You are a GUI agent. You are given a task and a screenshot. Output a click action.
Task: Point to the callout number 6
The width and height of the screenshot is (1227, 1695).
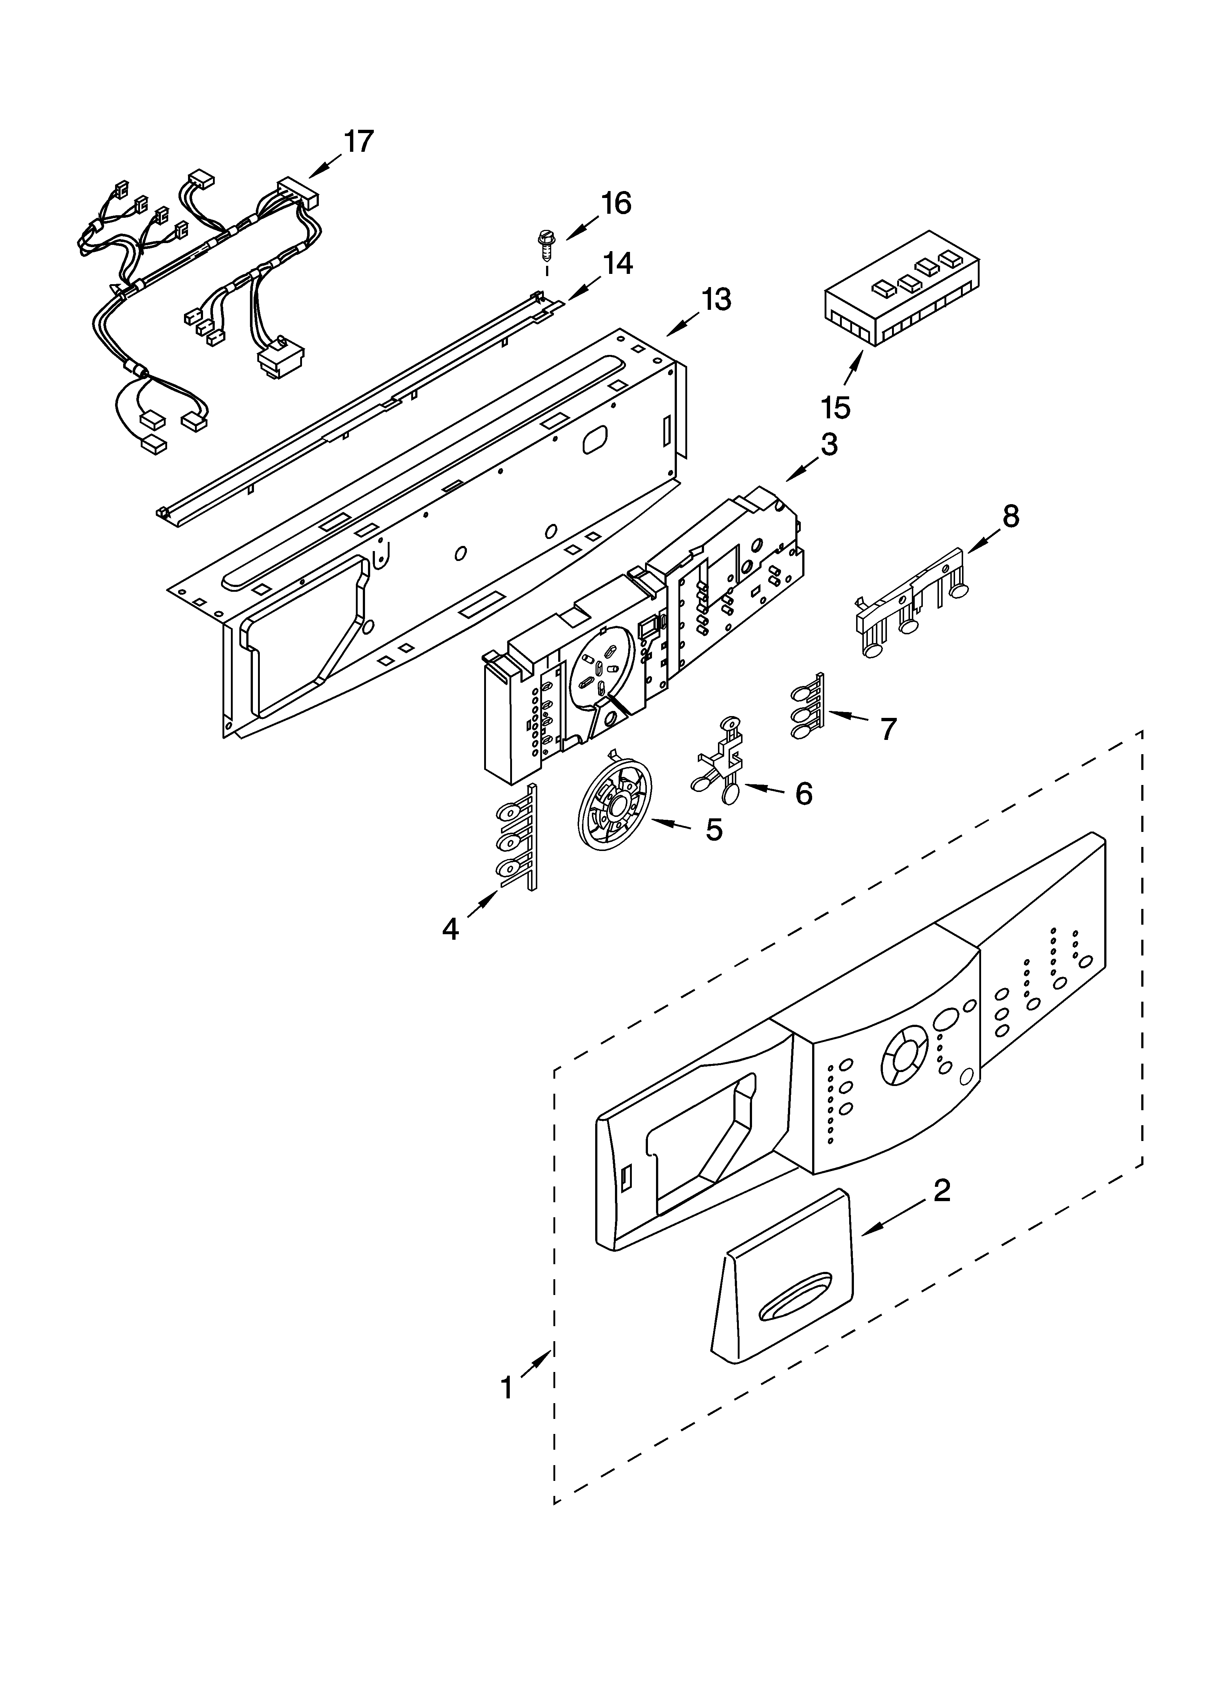(803, 795)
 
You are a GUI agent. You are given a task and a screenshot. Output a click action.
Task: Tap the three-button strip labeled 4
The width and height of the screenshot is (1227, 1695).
(516, 839)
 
